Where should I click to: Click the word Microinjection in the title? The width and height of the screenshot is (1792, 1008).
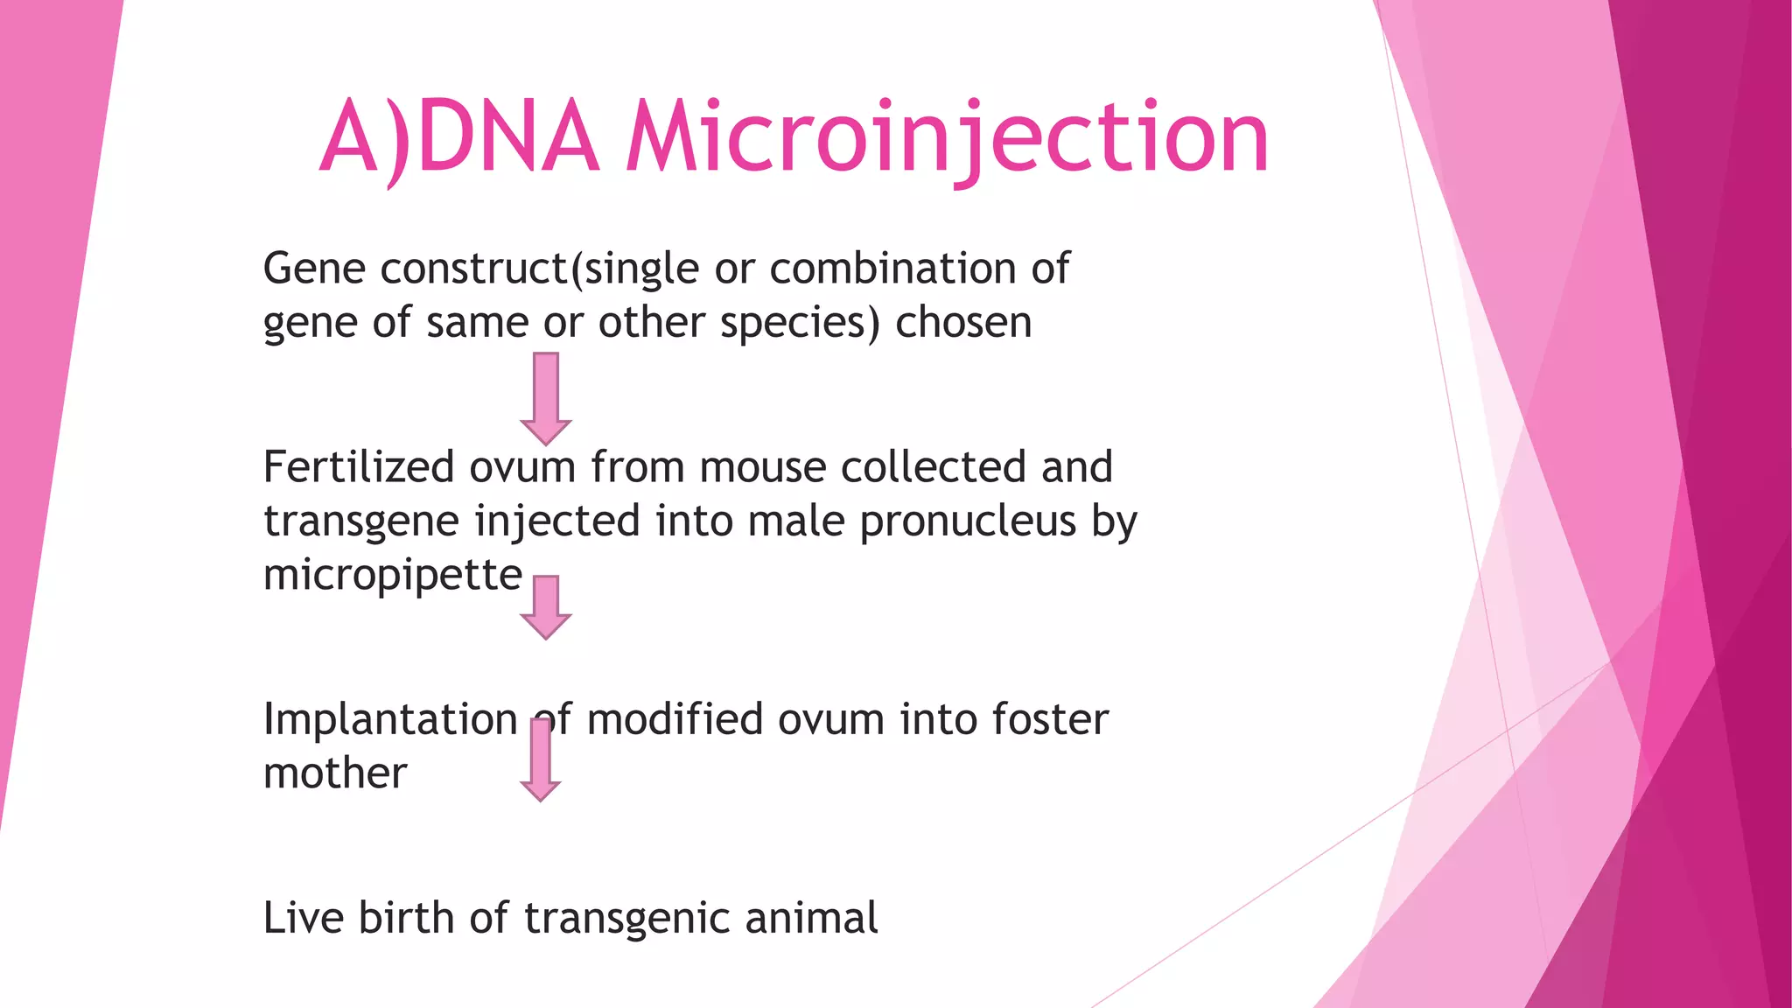[x=947, y=138]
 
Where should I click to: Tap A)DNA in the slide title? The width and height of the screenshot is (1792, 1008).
[x=459, y=138]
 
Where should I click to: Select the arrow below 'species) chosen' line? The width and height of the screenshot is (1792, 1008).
[x=546, y=398]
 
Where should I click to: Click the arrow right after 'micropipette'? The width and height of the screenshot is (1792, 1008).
[x=546, y=606]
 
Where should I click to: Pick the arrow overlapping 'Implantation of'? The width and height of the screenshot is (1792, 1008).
[x=541, y=759]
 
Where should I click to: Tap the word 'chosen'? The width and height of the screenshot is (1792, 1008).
[x=963, y=323]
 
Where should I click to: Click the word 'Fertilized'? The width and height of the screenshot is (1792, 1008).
[x=359, y=466]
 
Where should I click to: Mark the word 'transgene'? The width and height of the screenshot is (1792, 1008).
[x=361, y=522]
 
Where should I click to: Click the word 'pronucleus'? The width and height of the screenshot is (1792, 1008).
[x=968, y=522]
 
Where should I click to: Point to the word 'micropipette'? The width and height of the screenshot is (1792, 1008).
[x=393, y=576]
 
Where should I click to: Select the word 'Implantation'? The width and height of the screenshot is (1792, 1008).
[x=390, y=720]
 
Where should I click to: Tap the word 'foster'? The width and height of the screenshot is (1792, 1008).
[x=1050, y=720]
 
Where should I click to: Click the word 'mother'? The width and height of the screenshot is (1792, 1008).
[x=335, y=773]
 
